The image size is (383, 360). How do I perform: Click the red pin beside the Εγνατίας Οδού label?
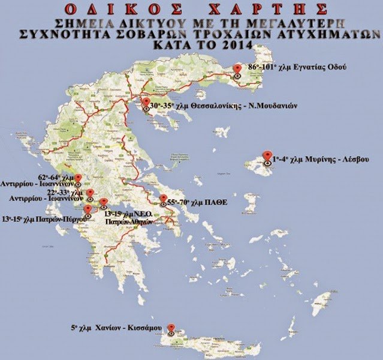pyautogui.click(x=238, y=70)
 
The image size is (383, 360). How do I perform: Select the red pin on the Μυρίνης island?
pyautogui.click(x=268, y=157)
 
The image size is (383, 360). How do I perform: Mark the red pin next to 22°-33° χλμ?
pyautogui.click(x=91, y=194)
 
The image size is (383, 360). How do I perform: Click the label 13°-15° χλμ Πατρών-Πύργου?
pyautogui.click(x=44, y=219)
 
